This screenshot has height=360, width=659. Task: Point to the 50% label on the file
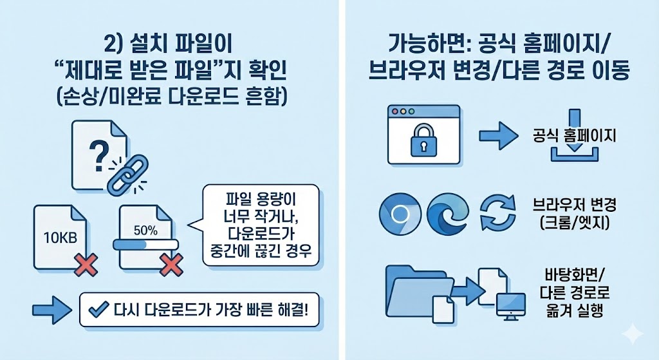tap(145, 229)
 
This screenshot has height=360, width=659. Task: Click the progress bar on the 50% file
tap(145, 245)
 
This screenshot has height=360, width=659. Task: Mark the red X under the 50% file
tap(170, 263)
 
